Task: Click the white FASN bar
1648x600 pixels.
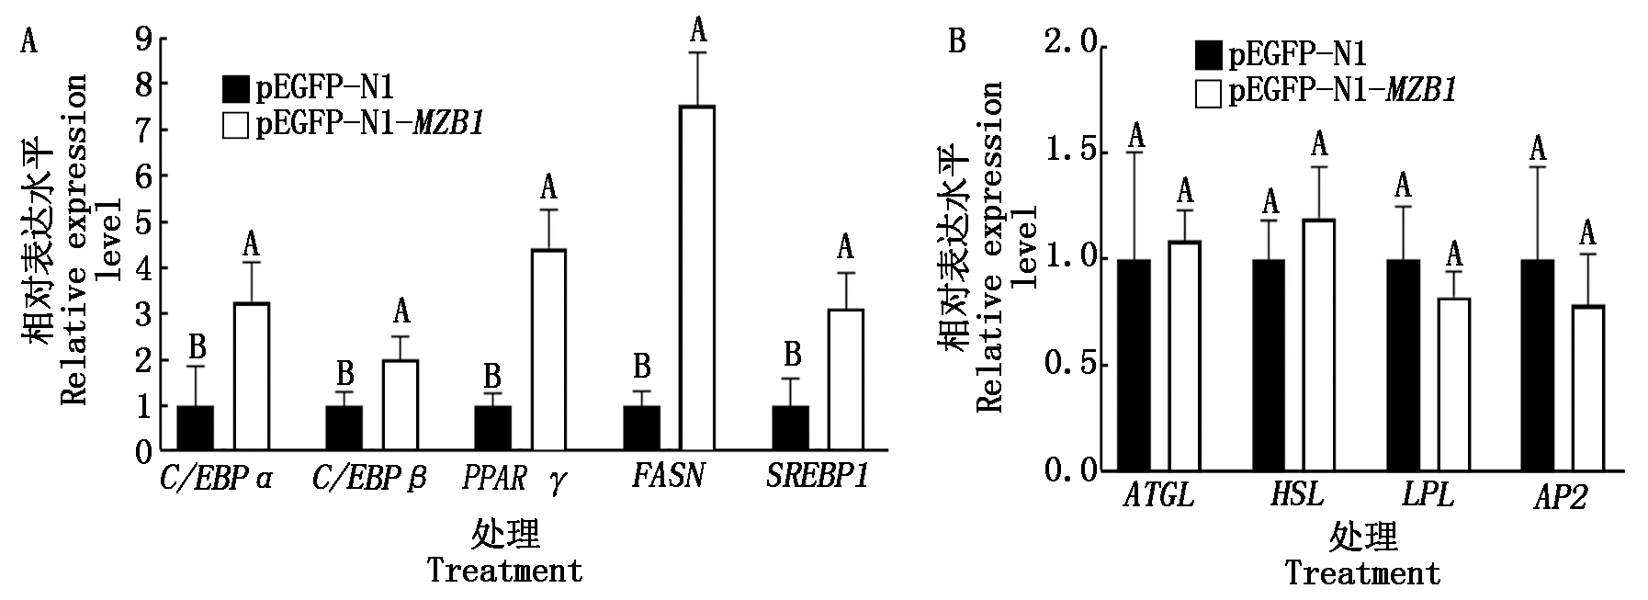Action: (x=697, y=278)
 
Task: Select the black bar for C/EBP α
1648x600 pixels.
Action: (x=195, y=428)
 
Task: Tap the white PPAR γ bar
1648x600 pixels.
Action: (x=548, y=350)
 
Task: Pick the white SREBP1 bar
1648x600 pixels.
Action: (x=846, y=380)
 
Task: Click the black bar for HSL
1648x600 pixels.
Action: (x=1268, y=365)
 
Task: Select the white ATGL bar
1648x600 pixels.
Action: (x=1185, y=356)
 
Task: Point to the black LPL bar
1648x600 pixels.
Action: (x=1403, y=365)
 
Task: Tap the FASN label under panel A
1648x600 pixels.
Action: (x=668, y=477)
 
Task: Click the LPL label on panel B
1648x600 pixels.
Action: (x=1428, y=496)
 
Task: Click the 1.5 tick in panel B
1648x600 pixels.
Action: (x=1070, y=153)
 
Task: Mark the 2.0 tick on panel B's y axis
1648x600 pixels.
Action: (x=1070, y=46)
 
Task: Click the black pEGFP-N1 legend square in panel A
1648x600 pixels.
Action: (x=236, y=89)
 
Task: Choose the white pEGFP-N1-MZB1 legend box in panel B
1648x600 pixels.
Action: (x=1208, y=94)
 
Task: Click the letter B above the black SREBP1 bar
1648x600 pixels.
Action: (x=792, y=355)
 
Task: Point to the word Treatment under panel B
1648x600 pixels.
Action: (x=1361, y=574)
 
